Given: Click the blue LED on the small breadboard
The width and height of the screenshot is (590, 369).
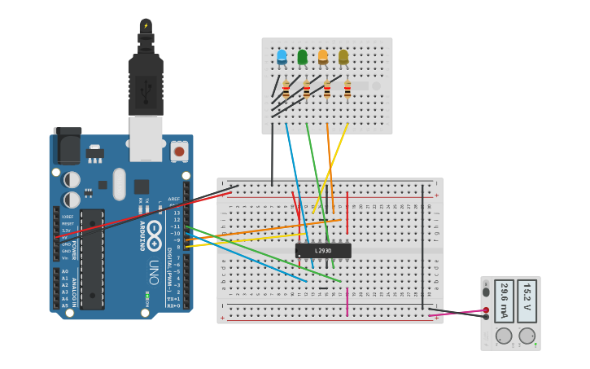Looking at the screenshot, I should pyautogui.click(x=282, y=57).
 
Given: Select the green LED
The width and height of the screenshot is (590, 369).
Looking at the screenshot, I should pyautogui.click(x=303, y=57).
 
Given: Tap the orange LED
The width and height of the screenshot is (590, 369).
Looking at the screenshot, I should pyautogui.click(x=323, y=57).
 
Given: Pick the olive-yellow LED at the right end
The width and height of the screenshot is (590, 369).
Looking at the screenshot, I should pyautogui.click(x=343, y=57).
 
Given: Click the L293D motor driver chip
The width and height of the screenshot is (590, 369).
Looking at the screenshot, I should pyautogui.click(x=323, y=251).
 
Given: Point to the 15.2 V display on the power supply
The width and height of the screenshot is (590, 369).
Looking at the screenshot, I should pyautogui.click(x=527, y=301).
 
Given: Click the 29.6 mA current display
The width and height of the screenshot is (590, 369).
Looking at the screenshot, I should pyautogui.click(x=504, y=301).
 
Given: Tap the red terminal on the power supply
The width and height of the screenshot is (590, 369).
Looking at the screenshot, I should pyautogui.click(x=486, y=310).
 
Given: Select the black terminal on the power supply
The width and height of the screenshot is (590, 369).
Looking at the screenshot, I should pyautogui.click(x=486, y=317).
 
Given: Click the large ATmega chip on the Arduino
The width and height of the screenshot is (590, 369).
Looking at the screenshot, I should pyautogui.click(x=92, y=259).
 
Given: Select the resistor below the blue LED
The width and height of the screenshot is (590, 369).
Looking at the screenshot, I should pyautogui.click(x=286, y=90).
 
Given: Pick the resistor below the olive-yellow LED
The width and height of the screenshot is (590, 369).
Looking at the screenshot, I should pyautogui.click(x=347, y=90).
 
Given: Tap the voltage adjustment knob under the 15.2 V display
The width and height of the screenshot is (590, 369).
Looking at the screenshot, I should pyautogui.click(x=527, y=336).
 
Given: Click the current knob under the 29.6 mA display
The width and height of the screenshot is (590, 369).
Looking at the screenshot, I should pyautogui.click(x=504, y=336).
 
